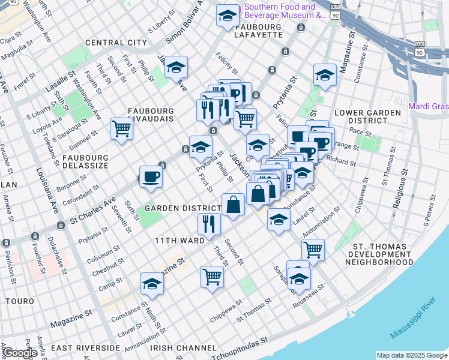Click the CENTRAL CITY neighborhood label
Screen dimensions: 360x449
click(116, 43)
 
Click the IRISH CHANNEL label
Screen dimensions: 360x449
click(183, 348)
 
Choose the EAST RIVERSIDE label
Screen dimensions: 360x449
click(85, 348)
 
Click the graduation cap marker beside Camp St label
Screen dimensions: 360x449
click(152, 283)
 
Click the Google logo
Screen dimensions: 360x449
click(20, 353)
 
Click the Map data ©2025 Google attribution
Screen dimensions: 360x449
click(412, 355)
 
